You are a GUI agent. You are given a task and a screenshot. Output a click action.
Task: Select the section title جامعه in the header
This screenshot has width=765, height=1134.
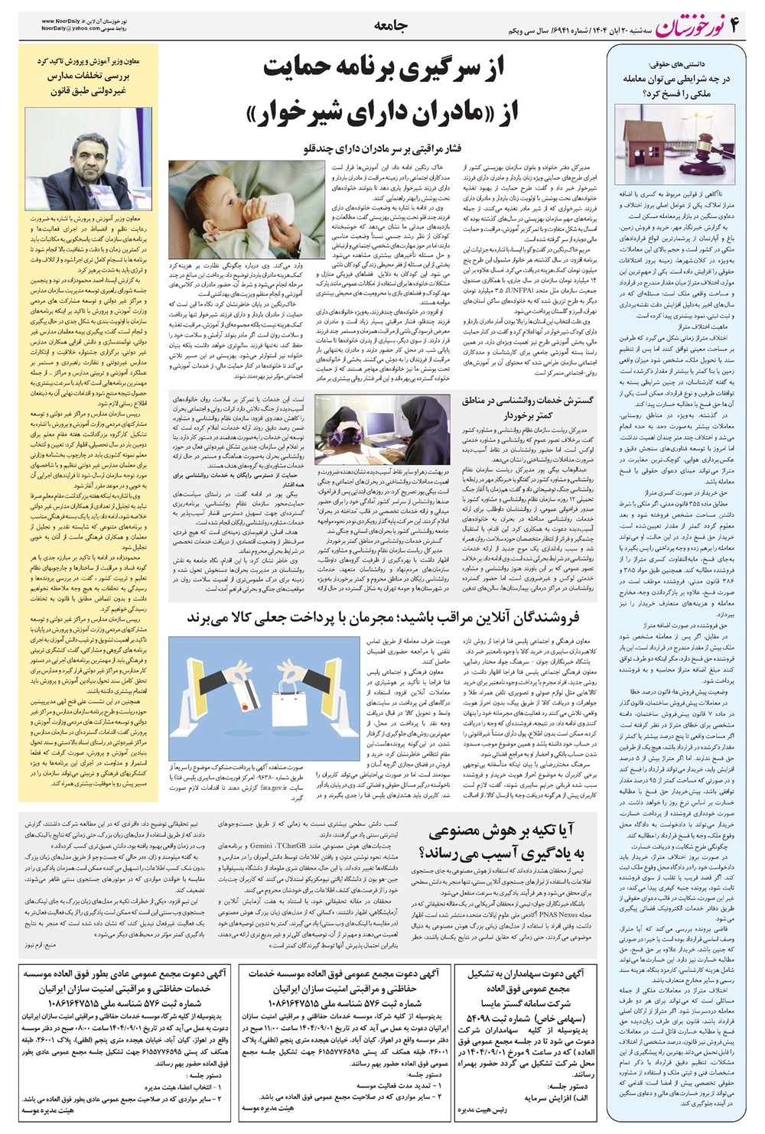tap(391, 25)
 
